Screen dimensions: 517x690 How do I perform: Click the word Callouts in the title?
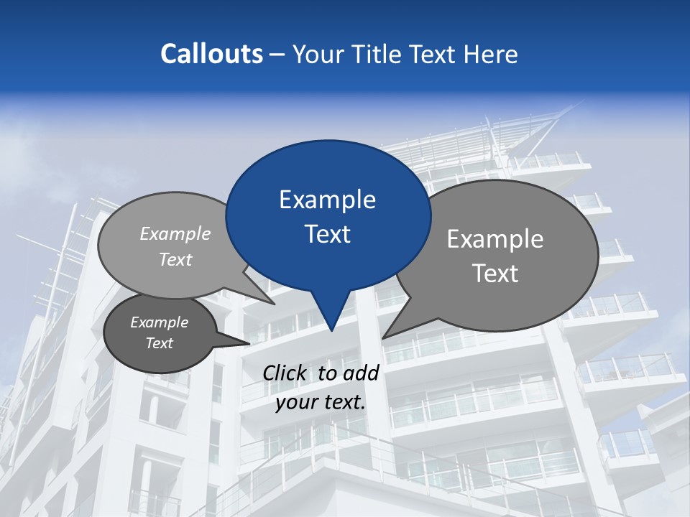(211, 54)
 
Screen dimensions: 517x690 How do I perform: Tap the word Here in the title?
(491, 54)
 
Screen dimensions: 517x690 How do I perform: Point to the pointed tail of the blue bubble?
(331, 328)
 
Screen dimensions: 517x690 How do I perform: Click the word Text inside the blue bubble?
(328, 234)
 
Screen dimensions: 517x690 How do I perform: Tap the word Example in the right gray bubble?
(495, 239)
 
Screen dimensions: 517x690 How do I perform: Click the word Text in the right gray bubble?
(495, 274)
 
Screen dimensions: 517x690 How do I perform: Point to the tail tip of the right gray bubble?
(384, 337)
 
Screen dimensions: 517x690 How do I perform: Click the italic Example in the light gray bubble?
(175, 234)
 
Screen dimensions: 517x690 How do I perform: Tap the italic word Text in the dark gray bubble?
(159, 343)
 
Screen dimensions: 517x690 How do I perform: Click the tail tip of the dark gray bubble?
(249, 344)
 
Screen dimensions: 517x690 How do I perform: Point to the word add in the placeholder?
(361, 373)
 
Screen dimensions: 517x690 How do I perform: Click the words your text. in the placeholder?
(321, 402)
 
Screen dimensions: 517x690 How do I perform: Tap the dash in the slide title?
(278, 54)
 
